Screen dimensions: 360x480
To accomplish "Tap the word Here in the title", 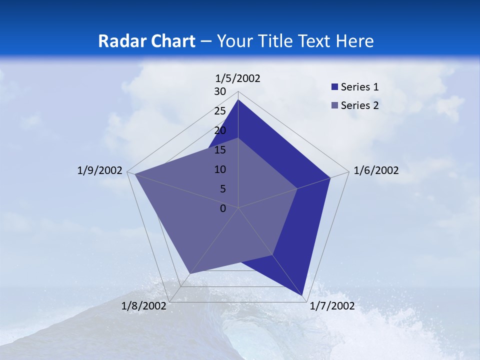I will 354,41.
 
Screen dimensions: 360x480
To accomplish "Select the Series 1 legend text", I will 359,87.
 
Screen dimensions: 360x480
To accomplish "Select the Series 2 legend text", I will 359,105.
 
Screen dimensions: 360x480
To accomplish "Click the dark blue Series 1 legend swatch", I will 334,87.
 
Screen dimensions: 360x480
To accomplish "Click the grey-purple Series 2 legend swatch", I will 334,105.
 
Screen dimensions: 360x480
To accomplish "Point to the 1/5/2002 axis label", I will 237,78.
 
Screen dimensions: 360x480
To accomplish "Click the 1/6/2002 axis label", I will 376,170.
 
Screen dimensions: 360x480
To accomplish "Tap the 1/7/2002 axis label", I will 332,306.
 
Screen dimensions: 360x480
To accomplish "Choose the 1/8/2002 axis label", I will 143,306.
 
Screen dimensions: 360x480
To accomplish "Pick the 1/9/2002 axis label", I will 100,170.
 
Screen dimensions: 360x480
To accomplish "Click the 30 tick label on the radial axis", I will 220,91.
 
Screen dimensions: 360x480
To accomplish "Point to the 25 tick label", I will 220,111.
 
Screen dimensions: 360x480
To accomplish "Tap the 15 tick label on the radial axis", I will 220,150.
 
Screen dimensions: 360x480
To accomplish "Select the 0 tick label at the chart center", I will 223,208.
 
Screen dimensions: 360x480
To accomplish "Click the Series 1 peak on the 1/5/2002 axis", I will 238,100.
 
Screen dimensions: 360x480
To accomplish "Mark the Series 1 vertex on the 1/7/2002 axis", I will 303,295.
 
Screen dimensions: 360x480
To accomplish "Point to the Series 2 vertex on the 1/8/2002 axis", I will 189,273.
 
